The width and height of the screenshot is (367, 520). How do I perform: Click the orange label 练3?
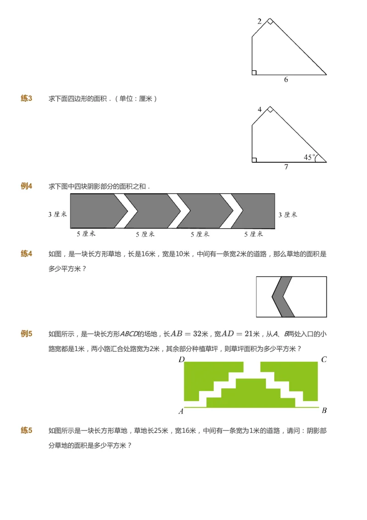[x=26, y=98]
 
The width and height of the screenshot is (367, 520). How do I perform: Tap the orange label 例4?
[x=26, y=186]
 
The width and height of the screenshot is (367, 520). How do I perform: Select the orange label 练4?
[x=26, y=253]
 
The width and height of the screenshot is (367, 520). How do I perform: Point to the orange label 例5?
[x=26, y=334]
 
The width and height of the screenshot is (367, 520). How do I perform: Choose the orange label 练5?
[x=26, y=430]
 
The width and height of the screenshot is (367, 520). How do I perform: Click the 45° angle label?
[x=310, y=157]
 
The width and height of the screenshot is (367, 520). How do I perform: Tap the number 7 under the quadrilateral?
[x=286, y=167]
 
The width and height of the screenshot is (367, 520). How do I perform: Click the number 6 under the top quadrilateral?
[x=286, y=80]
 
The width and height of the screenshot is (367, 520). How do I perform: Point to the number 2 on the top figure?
[x=260, y=22]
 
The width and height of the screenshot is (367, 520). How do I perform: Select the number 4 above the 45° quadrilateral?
[x=260, y=110]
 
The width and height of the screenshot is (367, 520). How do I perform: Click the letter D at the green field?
[x=181, y=359]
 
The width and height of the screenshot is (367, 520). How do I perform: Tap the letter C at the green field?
[x=324, y=359]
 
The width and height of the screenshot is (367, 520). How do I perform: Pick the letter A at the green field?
[x=181, y=411]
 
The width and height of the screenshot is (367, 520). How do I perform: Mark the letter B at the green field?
[x=324, y=410]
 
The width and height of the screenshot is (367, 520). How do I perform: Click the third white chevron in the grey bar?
[x=233, y=211]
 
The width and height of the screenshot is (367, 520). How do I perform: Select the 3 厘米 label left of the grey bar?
[x=58, y=214]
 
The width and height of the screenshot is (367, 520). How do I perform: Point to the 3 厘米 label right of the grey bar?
[x=288, y=214]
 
